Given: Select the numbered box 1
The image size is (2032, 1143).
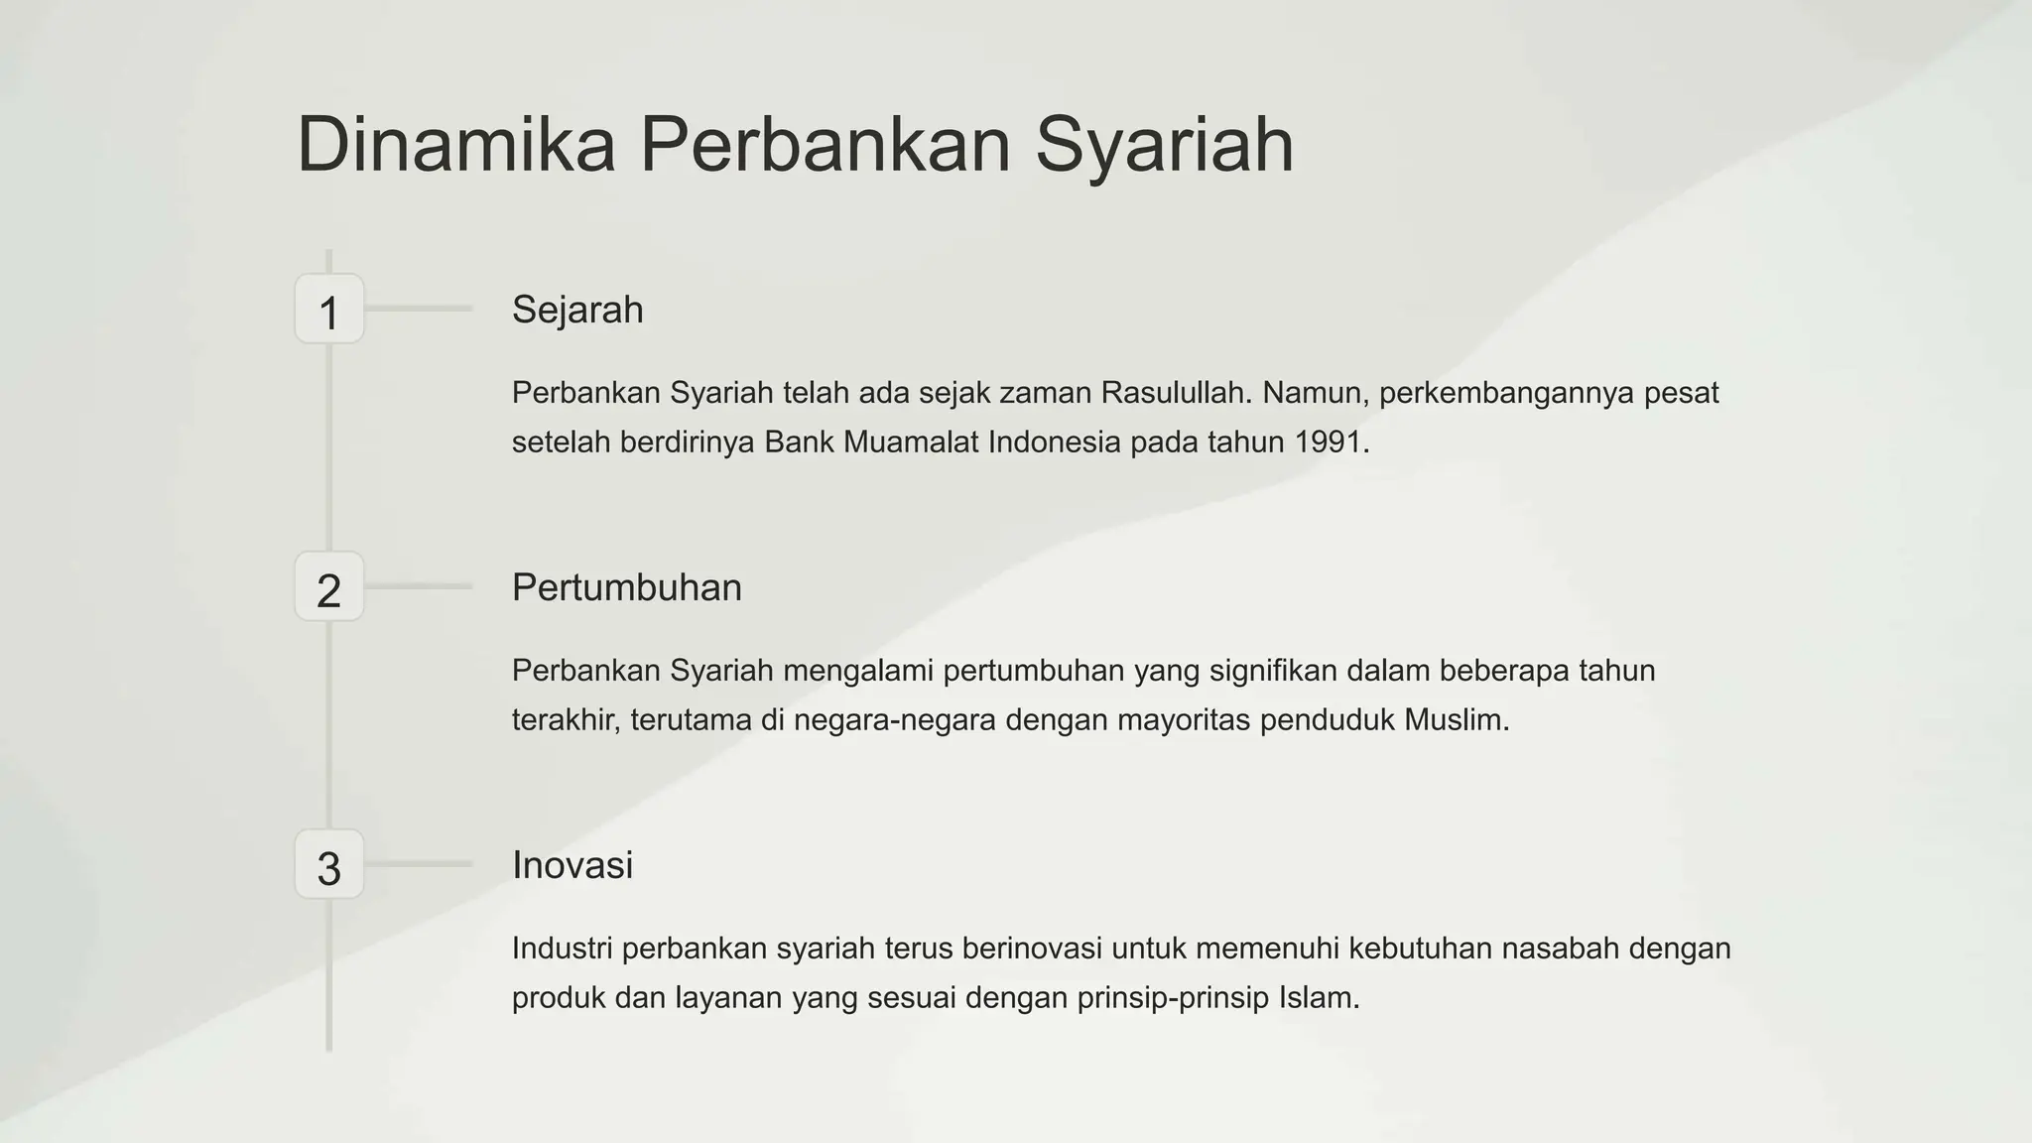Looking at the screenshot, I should tap(329, 310).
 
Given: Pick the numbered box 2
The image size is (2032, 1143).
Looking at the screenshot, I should tap(329, 587).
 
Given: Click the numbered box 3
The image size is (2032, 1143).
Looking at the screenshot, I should tap(329, 865).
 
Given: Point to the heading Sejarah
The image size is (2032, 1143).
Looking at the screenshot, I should tap(577, 310).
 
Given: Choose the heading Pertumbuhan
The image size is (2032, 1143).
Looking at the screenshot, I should tap(626, 587).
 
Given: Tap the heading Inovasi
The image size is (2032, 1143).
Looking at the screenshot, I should tap(571, 865).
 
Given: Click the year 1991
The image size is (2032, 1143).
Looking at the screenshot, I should tap(1332, 443).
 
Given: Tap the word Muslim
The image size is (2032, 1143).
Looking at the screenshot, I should tap(1457, 720).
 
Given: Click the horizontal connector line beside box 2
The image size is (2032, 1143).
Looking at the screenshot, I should tap(418, 586).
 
